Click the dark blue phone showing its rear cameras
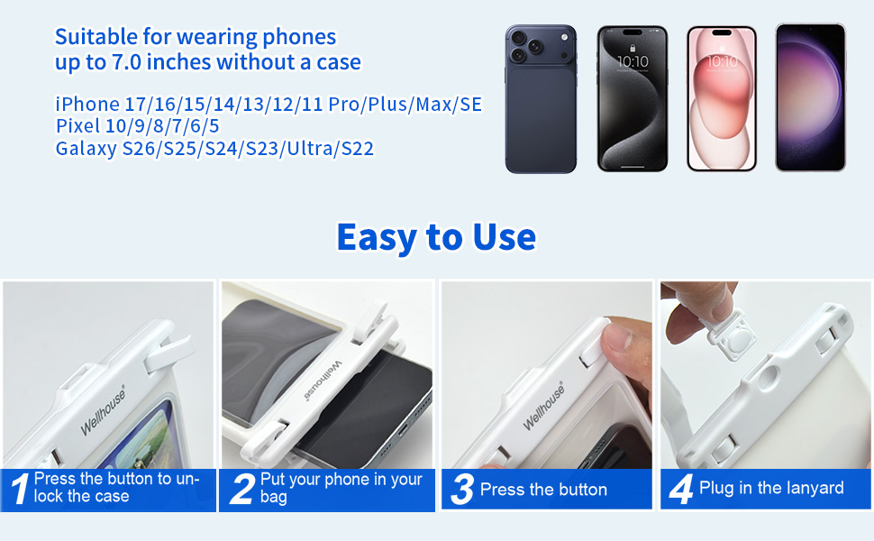[541, 98]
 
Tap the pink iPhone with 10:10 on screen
[721, 98]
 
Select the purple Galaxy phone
[810, 97]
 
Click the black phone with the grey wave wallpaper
[633, 98]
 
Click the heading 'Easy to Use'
[436, 237]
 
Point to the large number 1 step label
[20, 489]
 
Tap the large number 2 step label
[242, 489]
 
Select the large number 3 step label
[462, 489]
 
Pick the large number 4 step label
[680, 489]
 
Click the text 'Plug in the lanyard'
[771, 488]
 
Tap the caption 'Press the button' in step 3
[543, 490]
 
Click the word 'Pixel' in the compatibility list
[78, 126]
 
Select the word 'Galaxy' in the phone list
[86, 149]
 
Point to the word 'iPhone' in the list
[87, 105]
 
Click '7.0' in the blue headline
[126, 62]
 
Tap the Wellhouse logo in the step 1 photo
[103, 411]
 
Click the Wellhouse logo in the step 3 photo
[543, 406]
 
